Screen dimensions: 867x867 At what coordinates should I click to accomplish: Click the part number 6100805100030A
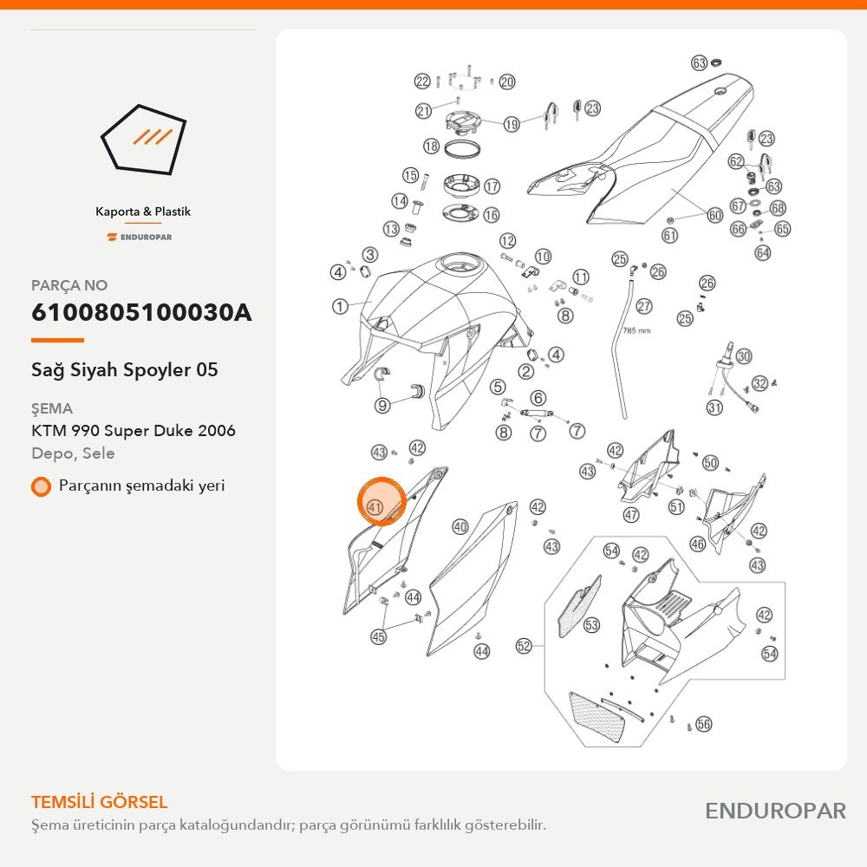[141, 312]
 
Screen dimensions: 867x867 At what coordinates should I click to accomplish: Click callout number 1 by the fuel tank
[340, 306]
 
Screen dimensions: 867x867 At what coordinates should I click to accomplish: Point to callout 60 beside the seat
[715, 214]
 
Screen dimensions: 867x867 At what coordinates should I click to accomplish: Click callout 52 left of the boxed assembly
[524, 646]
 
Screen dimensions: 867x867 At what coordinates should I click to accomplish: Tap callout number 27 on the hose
[644, 306]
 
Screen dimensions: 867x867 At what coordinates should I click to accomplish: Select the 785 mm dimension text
[636, 330]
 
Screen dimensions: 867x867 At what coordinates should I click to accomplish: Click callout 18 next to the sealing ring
[431, 146]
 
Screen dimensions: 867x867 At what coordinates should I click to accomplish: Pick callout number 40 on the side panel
[460, 526]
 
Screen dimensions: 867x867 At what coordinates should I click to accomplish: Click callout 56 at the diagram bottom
[703, 724]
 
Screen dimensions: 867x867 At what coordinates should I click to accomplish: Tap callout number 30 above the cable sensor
[744, 356]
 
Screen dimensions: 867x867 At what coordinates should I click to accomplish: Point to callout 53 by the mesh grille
[591, 625]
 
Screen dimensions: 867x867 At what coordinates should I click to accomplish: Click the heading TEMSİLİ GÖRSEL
[99, 802]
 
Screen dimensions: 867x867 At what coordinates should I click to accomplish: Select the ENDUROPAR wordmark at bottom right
[775, 812]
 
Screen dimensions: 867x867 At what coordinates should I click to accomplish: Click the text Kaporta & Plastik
[143, 212]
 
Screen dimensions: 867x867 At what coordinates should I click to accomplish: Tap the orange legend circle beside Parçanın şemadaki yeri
[41, 486]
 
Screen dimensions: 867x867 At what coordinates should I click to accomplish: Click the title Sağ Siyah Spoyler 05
[124, 369]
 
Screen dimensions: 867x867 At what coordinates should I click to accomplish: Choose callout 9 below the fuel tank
[382, 405]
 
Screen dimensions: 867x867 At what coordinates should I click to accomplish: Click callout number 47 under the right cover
[631, 515]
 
